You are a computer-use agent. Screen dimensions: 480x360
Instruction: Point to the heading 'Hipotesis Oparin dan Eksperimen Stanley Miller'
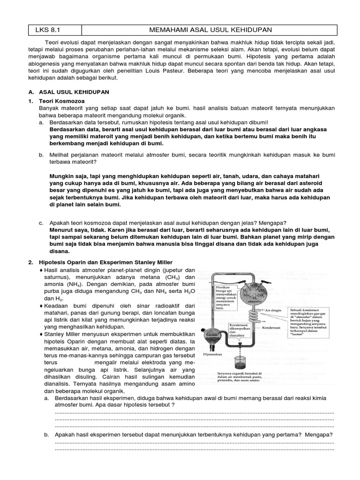coord(105,262)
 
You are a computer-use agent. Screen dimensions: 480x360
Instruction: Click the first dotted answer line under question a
coord(195,412)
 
